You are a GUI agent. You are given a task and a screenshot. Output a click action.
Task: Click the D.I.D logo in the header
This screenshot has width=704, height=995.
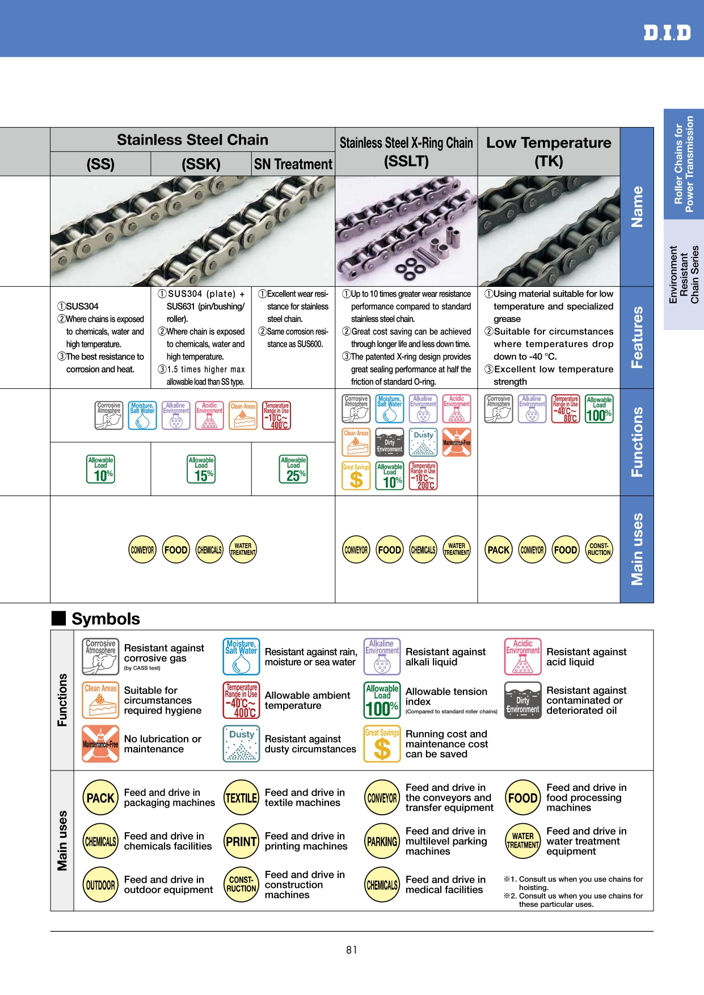667,32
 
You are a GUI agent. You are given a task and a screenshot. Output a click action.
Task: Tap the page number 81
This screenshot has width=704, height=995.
352,950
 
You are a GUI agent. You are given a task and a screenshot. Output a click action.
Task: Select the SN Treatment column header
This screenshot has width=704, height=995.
293,164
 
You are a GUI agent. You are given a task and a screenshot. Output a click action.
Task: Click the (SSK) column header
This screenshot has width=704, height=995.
201,164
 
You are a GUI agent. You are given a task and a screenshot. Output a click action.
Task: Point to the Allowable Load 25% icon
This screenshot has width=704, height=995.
293,469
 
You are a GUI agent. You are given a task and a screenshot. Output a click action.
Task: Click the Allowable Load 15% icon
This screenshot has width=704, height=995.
201,469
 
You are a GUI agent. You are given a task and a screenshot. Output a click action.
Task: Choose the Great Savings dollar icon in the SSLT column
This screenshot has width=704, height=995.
356,476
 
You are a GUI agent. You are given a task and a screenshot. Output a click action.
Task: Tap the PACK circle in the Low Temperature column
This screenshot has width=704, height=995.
499,549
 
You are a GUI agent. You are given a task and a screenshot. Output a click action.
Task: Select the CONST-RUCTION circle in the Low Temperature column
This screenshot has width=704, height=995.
599,549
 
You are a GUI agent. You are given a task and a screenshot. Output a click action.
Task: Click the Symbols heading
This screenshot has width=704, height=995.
106,619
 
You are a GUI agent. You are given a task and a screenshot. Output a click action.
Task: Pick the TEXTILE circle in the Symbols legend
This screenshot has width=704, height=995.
242,798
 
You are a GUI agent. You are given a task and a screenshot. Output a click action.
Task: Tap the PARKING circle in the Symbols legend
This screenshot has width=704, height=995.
382,842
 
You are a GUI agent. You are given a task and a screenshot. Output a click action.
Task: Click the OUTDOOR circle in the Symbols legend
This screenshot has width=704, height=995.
100,885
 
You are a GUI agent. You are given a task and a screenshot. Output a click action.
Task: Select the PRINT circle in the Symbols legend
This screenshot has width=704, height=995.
242,842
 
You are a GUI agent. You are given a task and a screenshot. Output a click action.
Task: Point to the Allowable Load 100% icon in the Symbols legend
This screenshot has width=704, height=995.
382,701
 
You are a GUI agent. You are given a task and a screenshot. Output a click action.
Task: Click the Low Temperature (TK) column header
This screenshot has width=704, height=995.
549,151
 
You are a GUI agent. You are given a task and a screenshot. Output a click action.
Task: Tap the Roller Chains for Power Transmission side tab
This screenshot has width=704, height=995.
684,164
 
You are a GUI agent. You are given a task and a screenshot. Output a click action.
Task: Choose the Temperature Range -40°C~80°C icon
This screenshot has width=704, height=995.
566,409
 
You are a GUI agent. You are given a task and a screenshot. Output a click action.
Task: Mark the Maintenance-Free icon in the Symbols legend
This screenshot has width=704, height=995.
100,744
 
